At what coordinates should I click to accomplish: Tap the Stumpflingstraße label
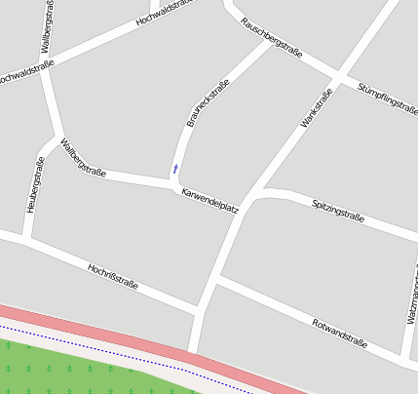tap(387, 101)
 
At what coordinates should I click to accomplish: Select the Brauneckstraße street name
tap(208, 103)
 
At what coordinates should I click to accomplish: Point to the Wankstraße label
tap(318, 108)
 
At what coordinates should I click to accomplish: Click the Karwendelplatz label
tap(209, 200)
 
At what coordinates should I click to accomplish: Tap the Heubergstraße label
tap(35, 185)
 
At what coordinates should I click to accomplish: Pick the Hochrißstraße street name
tap(113, 277)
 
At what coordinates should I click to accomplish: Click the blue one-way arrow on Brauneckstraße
tap(175, 169)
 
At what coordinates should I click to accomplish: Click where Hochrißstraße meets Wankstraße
tap(201, 310)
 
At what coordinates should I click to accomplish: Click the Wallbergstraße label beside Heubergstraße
tap(83, 158)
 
